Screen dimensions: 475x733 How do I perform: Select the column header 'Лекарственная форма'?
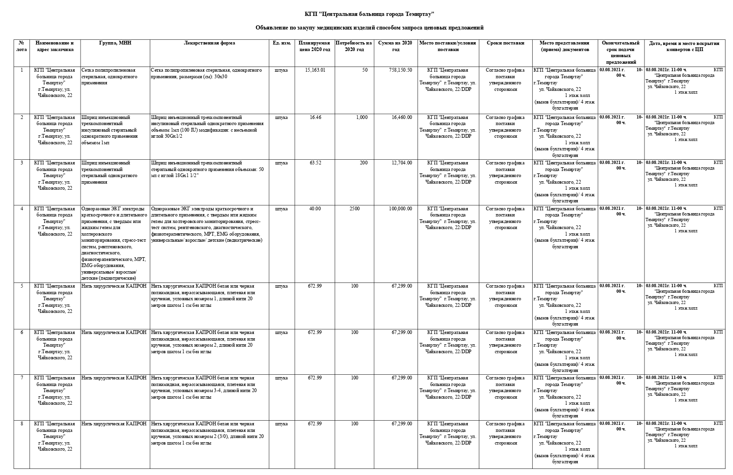[x=209, y=43]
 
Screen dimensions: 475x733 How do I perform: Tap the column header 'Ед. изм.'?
[x=282, y=43]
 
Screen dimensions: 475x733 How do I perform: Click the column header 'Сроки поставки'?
[x=505, y=43]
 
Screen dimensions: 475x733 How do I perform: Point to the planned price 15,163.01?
[x=315, y=70]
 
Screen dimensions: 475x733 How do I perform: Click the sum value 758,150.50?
[x=400, y=70]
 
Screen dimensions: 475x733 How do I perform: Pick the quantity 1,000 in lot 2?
[x=361, y=118]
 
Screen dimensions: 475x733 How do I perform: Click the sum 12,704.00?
[x=402, y=163]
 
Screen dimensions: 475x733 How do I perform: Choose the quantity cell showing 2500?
[x=354, y=209]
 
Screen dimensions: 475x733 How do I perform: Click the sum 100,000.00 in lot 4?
[x=400, y=209]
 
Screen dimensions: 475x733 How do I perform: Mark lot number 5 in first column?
[x=22, y=286]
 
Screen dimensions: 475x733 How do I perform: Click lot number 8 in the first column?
[x=22, y=424]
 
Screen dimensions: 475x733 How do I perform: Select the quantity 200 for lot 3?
[x=363, y=163]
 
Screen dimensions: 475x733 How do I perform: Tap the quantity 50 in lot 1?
[x=365, y=70]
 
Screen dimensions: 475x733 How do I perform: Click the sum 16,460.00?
[x=402, y=118]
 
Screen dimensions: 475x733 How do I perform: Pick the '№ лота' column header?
[x=22, y=46]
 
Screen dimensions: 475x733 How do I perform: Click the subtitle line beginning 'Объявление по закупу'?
[x=369, y=28]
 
